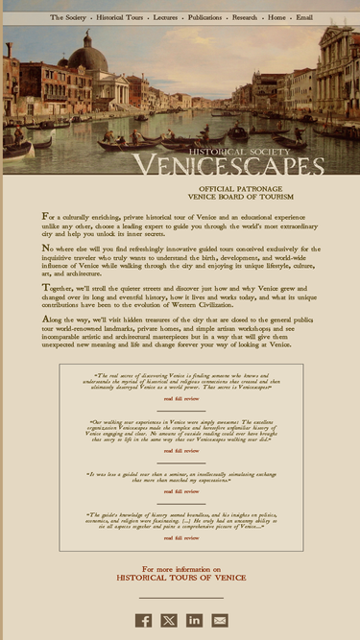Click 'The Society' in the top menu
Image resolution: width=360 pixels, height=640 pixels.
(68, 17)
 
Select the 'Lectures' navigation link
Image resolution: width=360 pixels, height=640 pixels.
(165, 17)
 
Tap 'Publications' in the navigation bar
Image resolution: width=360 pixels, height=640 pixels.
(204, 17)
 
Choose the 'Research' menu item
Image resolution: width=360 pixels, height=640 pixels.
(245, 17)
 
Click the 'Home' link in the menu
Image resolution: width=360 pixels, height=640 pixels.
(276, 17)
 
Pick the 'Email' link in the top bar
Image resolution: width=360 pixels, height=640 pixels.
(303, 17)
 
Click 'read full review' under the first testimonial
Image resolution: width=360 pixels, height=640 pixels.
(180, 397)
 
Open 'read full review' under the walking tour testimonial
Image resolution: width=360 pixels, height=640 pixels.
(180, 450)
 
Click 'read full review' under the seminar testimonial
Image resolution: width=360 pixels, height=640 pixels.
(180, 491)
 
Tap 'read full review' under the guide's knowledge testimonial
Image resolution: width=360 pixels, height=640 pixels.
(180, 538)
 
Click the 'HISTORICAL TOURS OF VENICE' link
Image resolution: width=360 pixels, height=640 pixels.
(180, 578)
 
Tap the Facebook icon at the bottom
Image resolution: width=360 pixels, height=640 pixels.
(143, 620)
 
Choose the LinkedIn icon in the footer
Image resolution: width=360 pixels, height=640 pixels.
(194, 620)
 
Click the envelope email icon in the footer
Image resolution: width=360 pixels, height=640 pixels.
(220, 620)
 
